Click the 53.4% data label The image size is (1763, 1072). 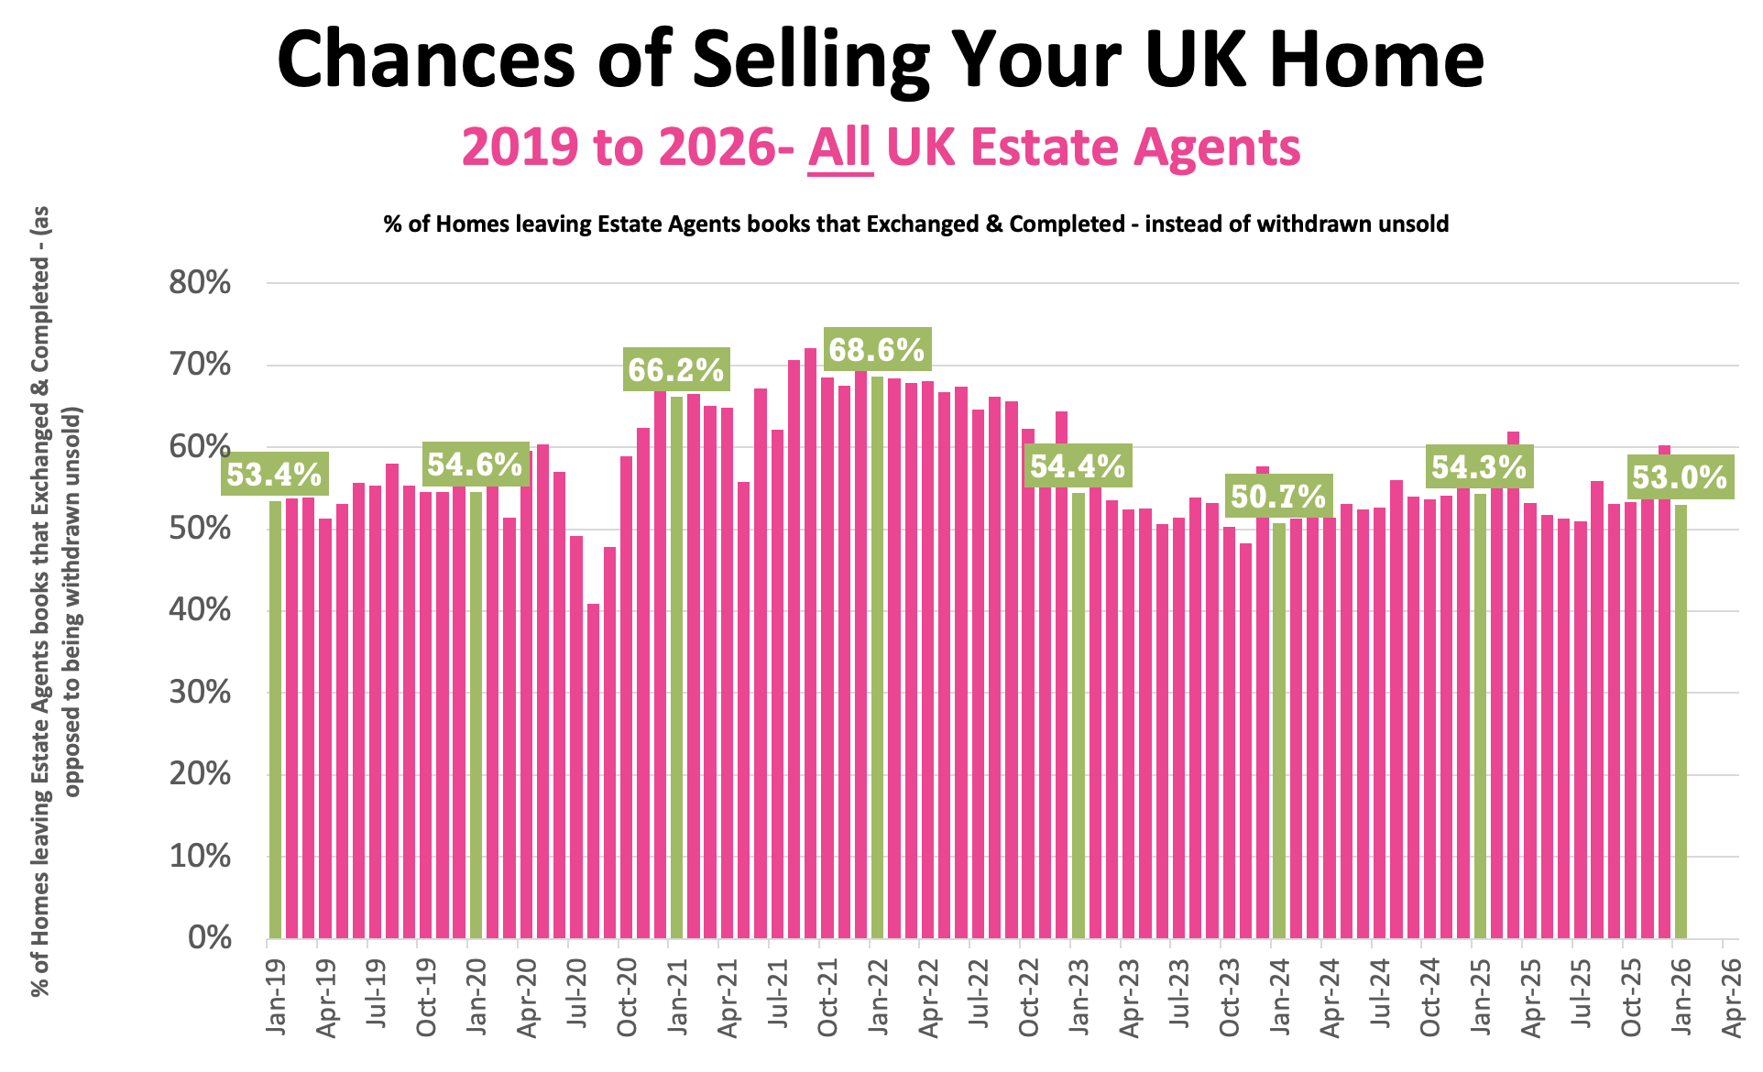pos(274,475)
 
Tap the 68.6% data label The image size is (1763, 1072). pos(877,350)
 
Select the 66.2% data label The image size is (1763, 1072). pos(676,370)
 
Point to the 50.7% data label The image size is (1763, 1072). pos(1278,497)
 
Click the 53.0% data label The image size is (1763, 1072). pos(1680,477)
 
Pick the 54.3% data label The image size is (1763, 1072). pos(1479,467)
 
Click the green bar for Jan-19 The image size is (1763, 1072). pos(276,719)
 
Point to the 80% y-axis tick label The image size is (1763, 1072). pos(200,283)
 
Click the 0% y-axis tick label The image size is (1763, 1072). pos(209,938)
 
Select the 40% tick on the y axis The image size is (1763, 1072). pos(200,611)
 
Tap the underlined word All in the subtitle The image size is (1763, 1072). pos(839,147)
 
